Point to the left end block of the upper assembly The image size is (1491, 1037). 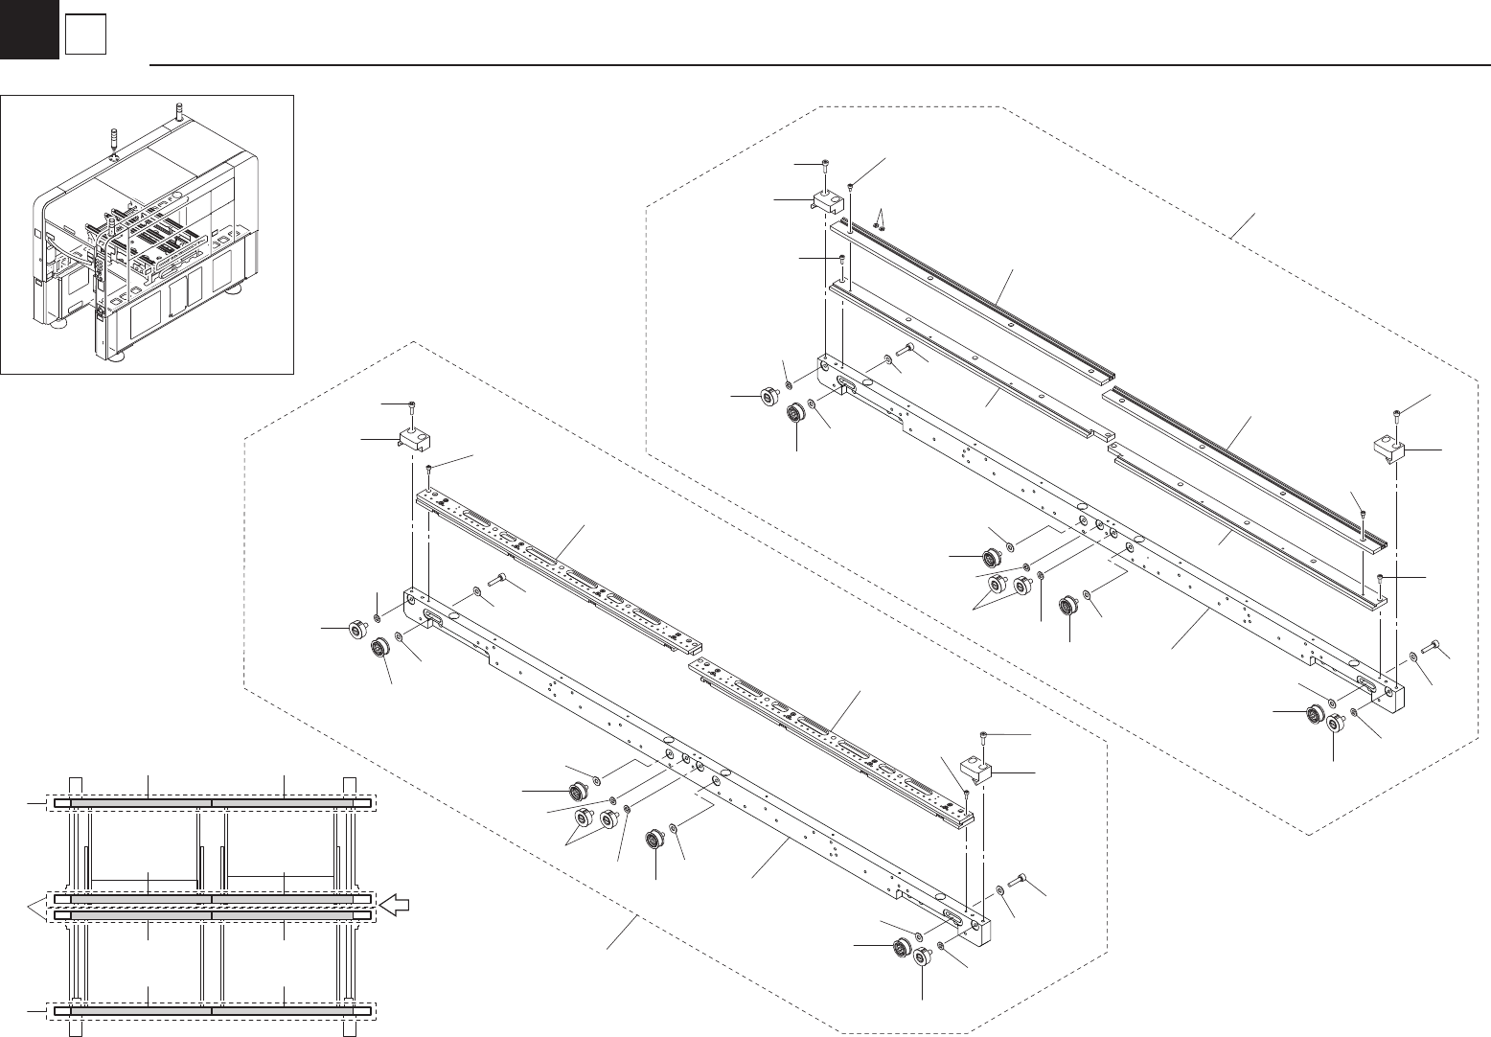(x=827, y=201)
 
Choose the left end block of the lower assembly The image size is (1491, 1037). (x=411, y=440)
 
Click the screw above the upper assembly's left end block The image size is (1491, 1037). (x=826, y=167)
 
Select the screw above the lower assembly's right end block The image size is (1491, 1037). (x=984, y=735)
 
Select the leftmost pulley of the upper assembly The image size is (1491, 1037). (x=768, y=395)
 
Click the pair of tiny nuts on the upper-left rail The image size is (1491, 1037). (x=878, y=227)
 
